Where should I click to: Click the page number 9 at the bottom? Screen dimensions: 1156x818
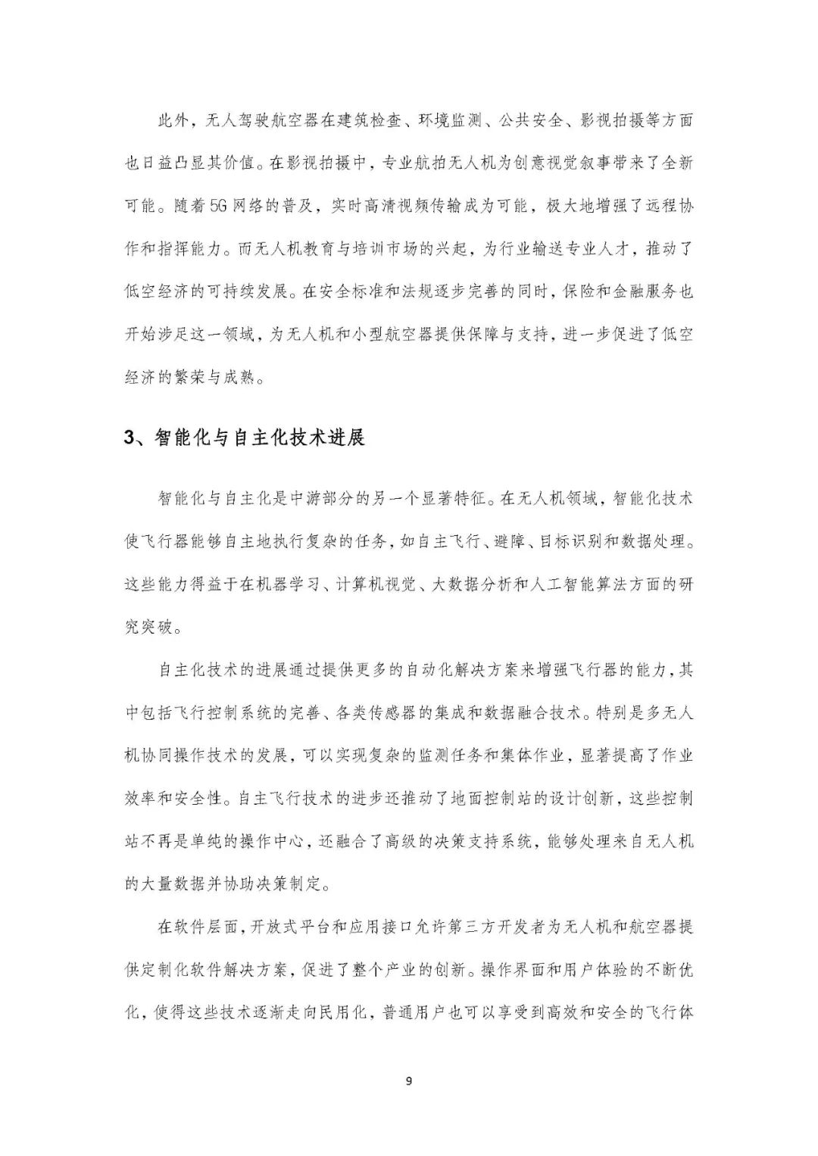tap(409, 1080)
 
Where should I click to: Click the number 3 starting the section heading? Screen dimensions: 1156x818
tap(129, 438)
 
